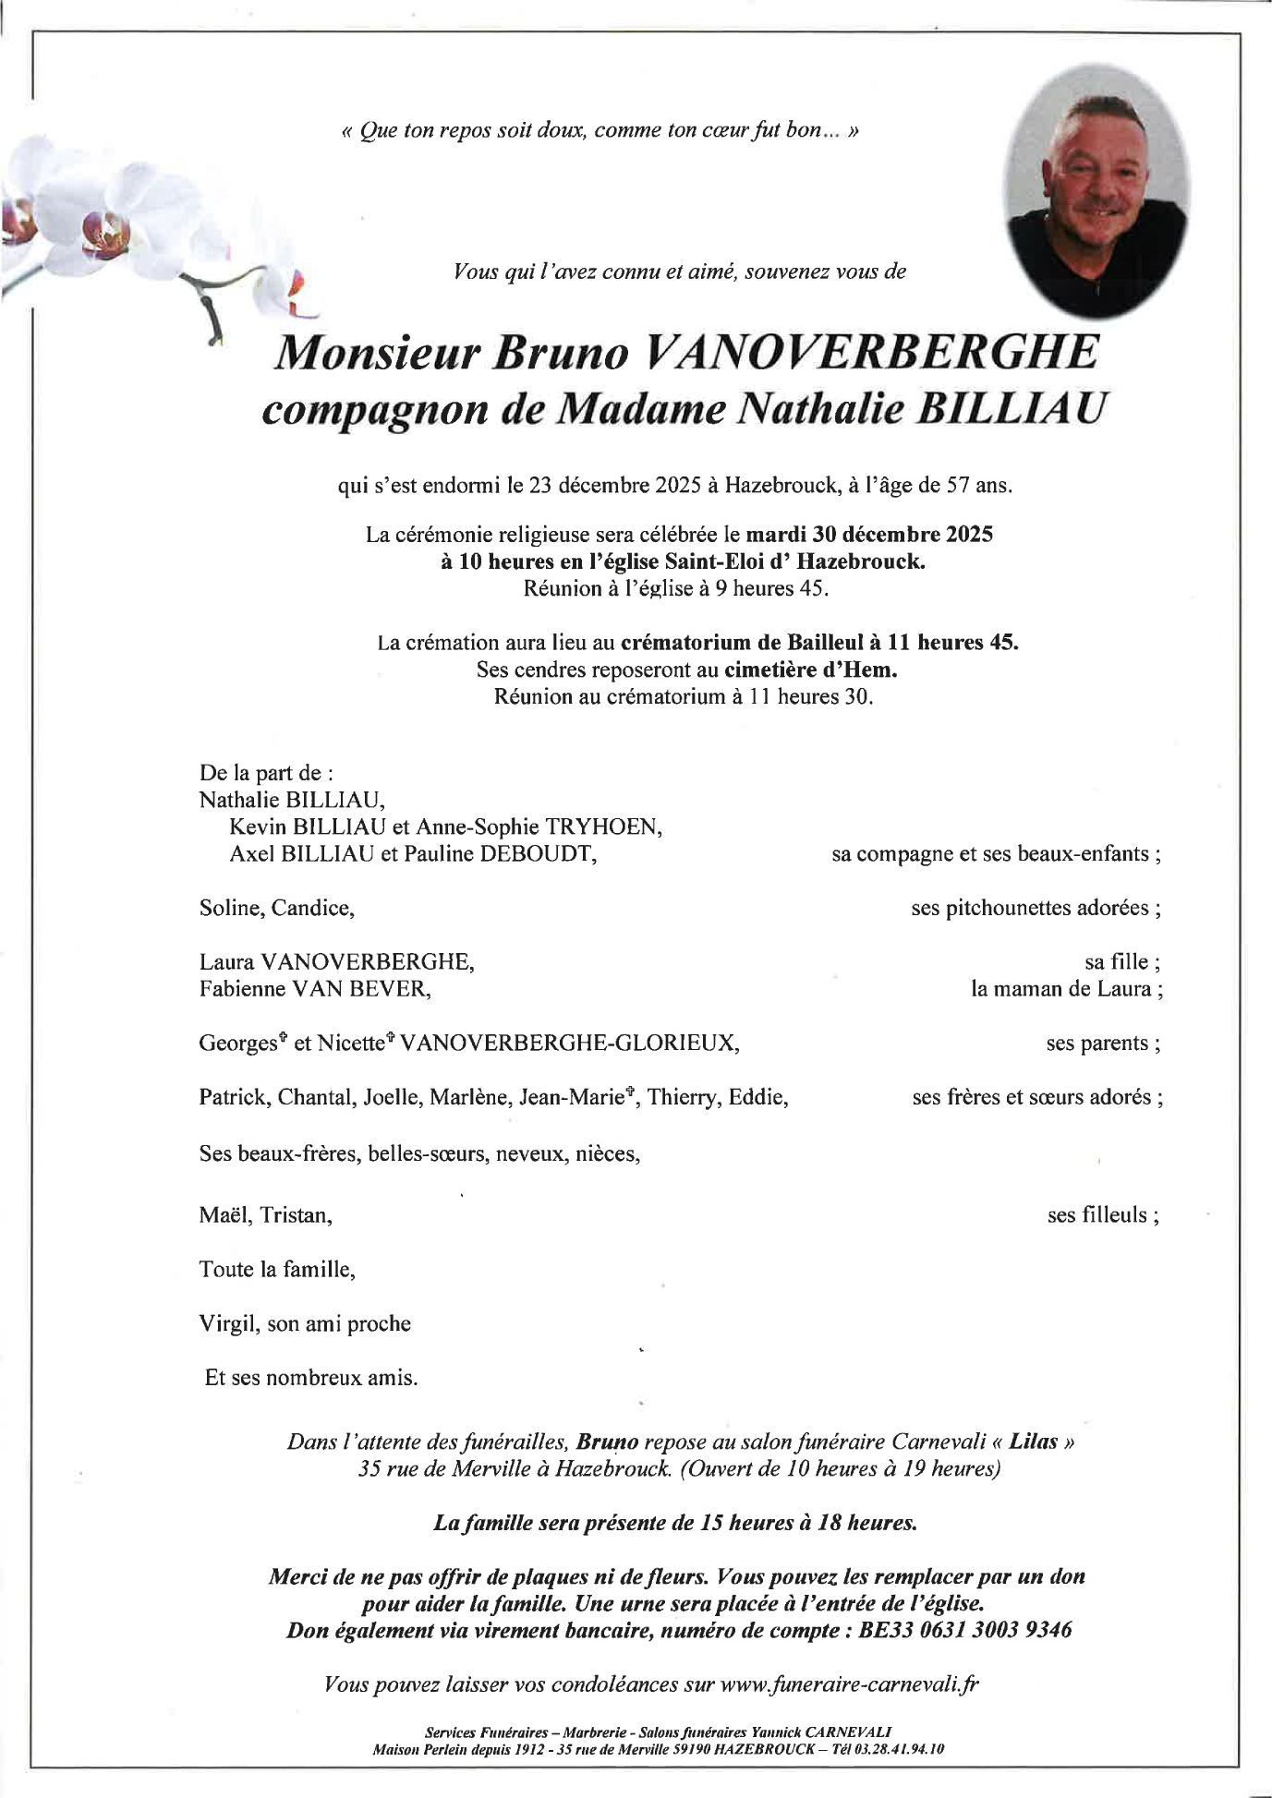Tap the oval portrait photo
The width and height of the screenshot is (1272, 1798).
tap(1096, 191)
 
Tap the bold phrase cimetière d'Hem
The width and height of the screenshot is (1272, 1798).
tap(810, 670)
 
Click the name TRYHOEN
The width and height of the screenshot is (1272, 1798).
tap(604, 827)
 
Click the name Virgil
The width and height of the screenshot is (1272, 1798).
tap(226, 1323)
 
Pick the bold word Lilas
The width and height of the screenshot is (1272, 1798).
tap(1033, 1442)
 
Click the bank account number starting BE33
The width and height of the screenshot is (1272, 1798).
tap(965, 1630)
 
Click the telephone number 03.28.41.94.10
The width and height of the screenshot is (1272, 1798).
tap(897, 1749)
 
